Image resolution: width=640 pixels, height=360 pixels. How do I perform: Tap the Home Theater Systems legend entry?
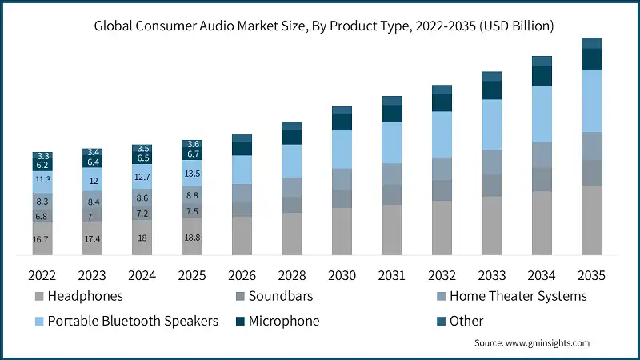517,296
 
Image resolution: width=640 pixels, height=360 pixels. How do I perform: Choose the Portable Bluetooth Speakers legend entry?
133,321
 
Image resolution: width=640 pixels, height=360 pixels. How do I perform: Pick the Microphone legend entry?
284,321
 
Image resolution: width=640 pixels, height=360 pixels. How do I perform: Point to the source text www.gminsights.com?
532,342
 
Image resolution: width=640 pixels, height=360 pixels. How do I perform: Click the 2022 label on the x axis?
42,274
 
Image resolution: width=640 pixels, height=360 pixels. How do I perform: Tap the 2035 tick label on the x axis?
592,274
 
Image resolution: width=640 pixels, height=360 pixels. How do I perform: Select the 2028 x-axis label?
292,274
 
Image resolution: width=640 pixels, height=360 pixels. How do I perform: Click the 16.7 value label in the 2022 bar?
42,239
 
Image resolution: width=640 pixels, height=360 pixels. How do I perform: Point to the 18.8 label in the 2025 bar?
192,238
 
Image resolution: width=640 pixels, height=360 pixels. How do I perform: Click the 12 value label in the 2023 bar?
92,182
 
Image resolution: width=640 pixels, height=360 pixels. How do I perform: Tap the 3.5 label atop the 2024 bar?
142,149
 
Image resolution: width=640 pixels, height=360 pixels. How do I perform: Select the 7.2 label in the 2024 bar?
142,214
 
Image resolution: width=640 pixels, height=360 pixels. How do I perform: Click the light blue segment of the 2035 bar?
592,101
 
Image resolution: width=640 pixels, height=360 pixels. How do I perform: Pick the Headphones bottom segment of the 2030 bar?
342,232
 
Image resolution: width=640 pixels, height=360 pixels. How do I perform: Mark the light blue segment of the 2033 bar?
492,124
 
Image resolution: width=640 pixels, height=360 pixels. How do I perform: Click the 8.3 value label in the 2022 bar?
42,202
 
